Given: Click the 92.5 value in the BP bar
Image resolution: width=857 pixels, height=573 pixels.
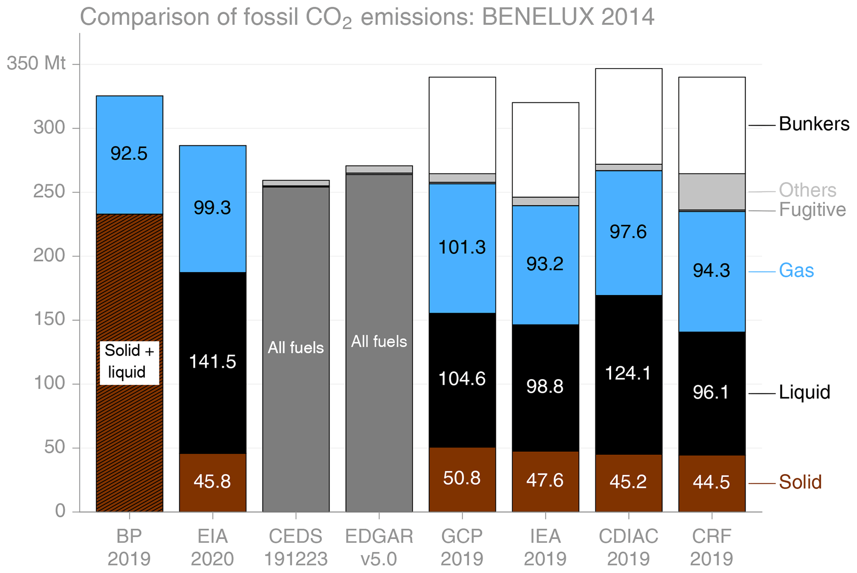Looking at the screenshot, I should pyautogui.click(x=129, y=154).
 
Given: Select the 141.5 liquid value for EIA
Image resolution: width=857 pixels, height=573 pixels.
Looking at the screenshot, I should pyautogui.click(x=212, y=362).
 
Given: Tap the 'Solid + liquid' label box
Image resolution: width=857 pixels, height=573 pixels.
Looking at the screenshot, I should pyautogui.click(x=129, y=362).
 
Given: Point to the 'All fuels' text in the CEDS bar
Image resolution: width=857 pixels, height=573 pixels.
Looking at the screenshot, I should pyautogui.click(x=296, y=348).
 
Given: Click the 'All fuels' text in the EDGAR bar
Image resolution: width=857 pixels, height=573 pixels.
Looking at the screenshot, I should pyautogui.click(x=379, y=341).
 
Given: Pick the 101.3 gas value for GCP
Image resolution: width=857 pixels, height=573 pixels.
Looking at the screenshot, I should pyautogui.click(x=462, y=248).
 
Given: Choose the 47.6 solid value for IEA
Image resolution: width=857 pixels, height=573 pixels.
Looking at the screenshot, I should pyautogui.click(x=545, y=480).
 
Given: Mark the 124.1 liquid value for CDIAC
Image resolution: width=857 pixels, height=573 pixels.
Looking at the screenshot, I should pyautogui.click(x=628, y=373).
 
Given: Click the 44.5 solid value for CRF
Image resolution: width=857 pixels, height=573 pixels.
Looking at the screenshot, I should pyautogui.click(x=711, y=482).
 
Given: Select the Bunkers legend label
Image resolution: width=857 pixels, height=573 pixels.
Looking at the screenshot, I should pyautogui.click(x=814, y=124).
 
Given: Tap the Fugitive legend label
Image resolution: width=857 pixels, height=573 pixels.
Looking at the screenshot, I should pyautogui.click(x=812, y=210).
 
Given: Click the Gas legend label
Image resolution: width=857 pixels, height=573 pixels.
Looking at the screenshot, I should pyautogui.click(x=796, y=271).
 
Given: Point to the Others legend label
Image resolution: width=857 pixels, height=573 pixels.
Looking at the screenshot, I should pyautogui.click(x=807, y=190).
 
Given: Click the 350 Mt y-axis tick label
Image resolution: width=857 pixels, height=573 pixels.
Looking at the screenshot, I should pyautogui.click(x=36, y=63).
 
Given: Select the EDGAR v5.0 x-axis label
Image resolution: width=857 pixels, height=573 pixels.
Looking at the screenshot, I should pyautogui.click(x=379, y=548).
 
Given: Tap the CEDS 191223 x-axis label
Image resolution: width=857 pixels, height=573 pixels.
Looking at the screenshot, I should pyautogui.click(x=296, y=548).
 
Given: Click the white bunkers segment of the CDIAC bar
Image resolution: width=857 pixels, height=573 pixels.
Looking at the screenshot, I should pyautogui.click(x=629, y=116).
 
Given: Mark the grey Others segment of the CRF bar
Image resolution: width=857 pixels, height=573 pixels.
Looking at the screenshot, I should pyautogui.click(x=712, y=192).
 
